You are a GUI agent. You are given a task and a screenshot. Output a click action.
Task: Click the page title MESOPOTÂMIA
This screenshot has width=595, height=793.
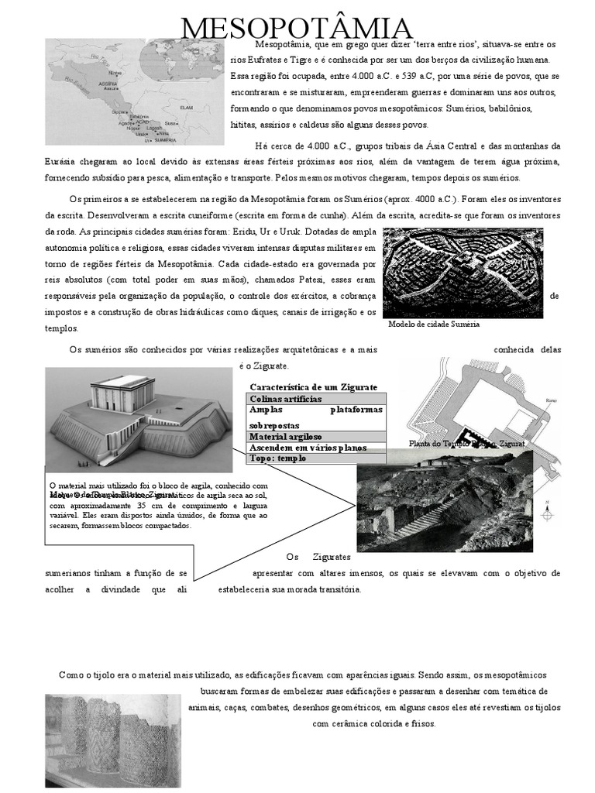297,29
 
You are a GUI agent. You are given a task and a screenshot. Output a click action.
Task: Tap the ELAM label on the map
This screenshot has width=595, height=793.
185,107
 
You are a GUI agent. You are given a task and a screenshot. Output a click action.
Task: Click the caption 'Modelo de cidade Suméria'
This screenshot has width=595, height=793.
433,324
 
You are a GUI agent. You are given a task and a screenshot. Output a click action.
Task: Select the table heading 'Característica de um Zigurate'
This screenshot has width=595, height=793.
313,386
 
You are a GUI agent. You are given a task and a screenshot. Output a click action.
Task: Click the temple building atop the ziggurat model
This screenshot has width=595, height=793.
122,394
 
